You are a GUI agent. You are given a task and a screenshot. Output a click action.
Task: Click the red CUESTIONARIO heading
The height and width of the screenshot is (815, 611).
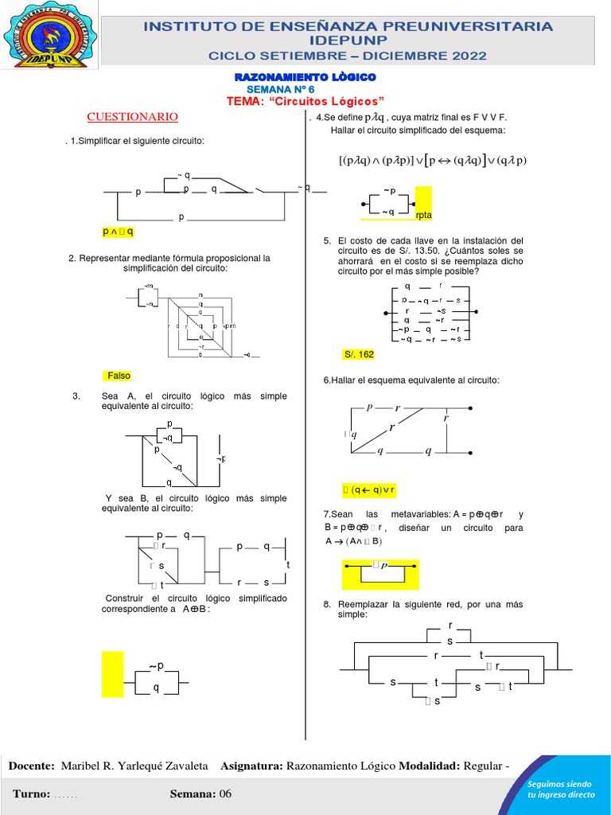tap(133, 117)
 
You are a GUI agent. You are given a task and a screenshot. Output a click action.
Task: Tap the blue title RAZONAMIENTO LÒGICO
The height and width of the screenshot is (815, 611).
tap(305, 76)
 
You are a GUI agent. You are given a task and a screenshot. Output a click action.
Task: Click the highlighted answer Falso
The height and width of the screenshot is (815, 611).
tap(119, 376)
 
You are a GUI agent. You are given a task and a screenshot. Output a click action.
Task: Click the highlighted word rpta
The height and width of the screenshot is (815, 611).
tap(423, 215)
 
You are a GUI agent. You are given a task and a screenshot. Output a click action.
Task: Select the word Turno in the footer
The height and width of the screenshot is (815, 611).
tap(30, 794)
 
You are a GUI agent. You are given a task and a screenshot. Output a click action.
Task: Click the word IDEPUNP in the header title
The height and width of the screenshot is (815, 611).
tap(348, 40)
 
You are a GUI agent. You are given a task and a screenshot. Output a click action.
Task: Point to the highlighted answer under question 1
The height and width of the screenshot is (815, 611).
tap(118, 232)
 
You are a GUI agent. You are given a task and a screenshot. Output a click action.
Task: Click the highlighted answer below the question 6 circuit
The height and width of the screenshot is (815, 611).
tap(369, 489)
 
